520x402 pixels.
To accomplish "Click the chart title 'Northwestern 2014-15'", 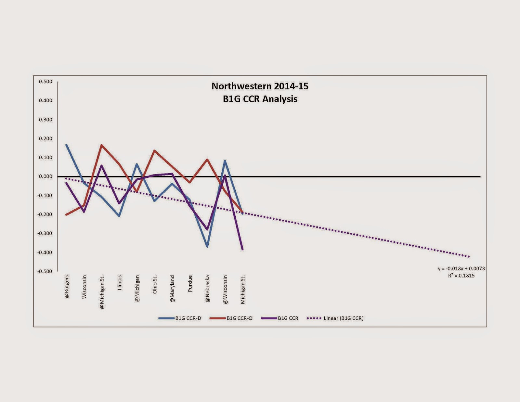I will tap(260, 86).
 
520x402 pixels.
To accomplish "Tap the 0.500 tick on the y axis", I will tap(45, 82).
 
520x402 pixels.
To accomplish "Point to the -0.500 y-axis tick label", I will tap(45, 271).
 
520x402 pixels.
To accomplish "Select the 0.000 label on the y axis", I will tap(45, 176).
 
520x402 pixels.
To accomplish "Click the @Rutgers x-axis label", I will tap(67, 287).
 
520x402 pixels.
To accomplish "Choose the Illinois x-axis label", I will tap(120, 283).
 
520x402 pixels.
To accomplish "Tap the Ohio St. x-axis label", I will tap(155, 285).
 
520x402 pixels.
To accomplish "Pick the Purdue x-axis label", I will tap(190, 283).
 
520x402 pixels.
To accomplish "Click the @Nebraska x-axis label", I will tap(207, 289).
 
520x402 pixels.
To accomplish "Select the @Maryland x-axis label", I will tap(172, 289).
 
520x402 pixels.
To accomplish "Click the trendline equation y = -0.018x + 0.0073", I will tap(461, 268).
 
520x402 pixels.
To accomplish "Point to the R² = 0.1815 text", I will tap(461, 276).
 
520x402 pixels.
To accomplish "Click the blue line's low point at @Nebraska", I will tap(207, 247).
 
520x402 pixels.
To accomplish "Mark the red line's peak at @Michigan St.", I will tap(102, 145).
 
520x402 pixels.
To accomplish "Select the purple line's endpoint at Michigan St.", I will tap(242, 249).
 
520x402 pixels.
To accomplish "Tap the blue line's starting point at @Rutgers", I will tap(66, 145).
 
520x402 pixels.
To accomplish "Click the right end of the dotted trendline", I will tap(469, 257).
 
